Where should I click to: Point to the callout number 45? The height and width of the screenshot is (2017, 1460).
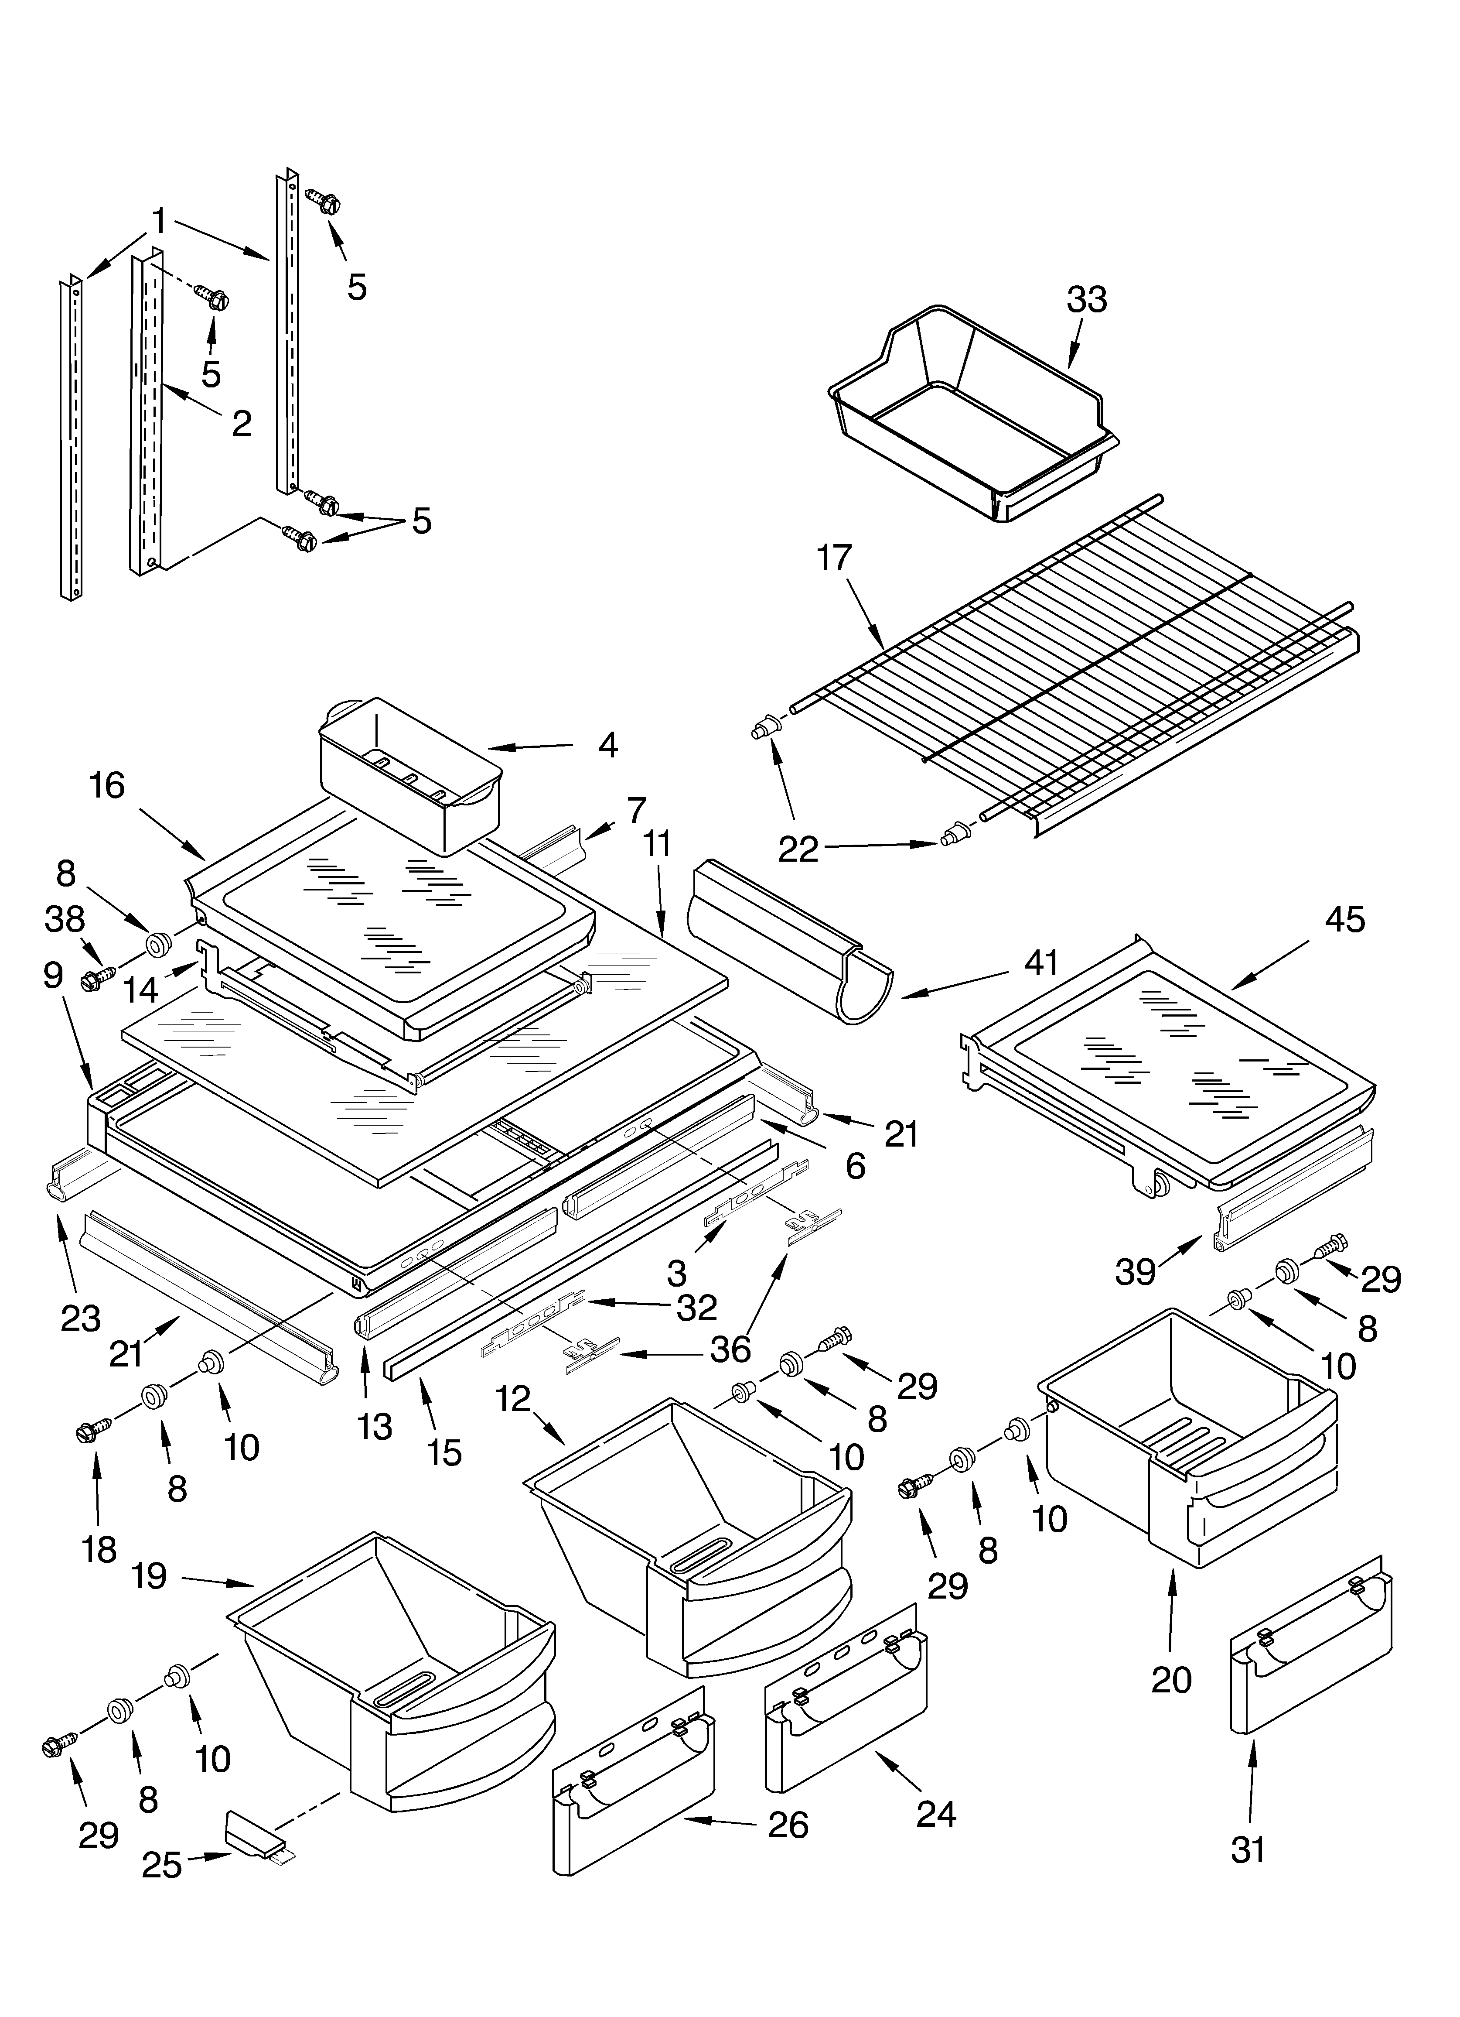(1344, 920)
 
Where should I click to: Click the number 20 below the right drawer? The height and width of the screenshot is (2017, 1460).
(1171, 1679)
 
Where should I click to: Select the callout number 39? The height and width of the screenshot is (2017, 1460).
(1136, 1272)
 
